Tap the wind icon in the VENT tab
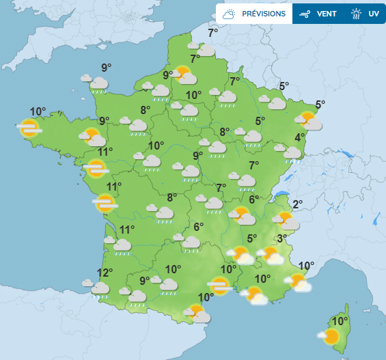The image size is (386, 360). click(x=306, y=14)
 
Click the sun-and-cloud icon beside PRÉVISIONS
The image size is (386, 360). click(x=230, y=14)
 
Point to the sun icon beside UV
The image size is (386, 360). click(x=355, y=14)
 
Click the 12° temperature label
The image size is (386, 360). click(x=104, y=273)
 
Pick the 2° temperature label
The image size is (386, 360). click(x=297, y=204)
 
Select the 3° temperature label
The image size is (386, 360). click(x=281, y=238)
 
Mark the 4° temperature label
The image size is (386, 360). click(x=299, y=137)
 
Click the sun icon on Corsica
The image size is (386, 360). click(x=331, y=335)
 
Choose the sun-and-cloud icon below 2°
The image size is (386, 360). click(x=285, y=220)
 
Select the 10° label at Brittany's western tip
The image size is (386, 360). click(x=38, y=111)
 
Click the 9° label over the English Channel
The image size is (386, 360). click(x=107, y=67)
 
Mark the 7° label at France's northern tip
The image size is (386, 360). click(x=213, y=33)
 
